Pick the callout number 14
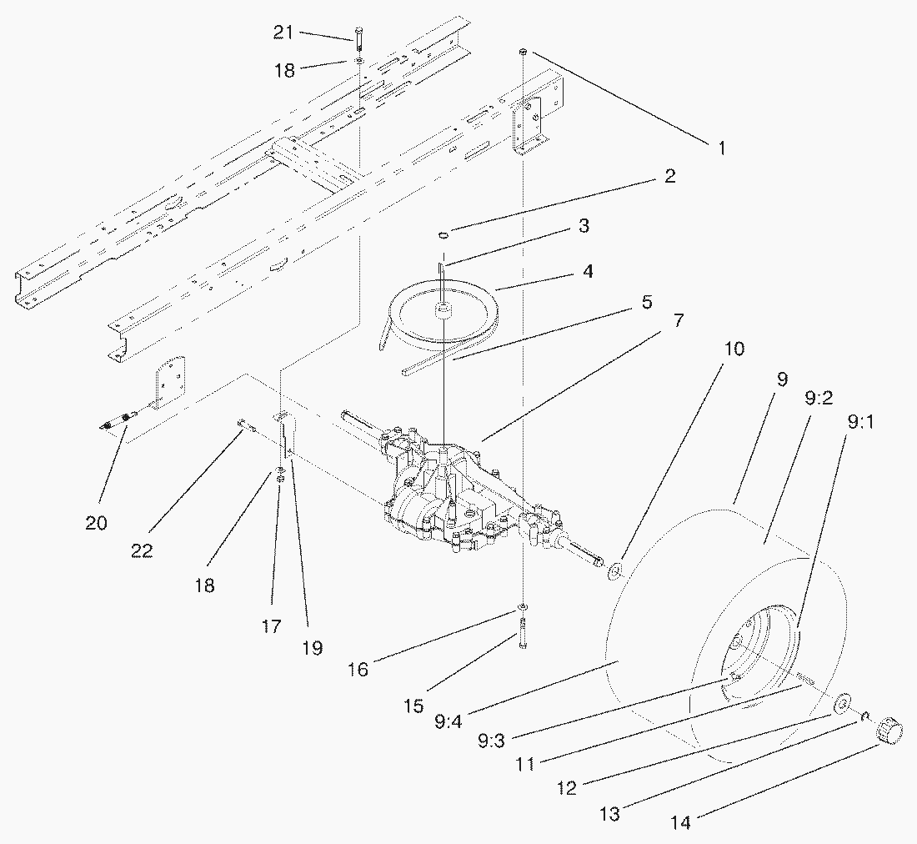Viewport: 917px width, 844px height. (x=682, y=822)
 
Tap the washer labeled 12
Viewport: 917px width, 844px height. (x=842, y=703)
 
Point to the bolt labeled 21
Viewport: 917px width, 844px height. (x=358, y=38)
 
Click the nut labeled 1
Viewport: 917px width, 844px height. (x=522, y=52)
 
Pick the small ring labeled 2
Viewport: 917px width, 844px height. (x=444, y=236)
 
